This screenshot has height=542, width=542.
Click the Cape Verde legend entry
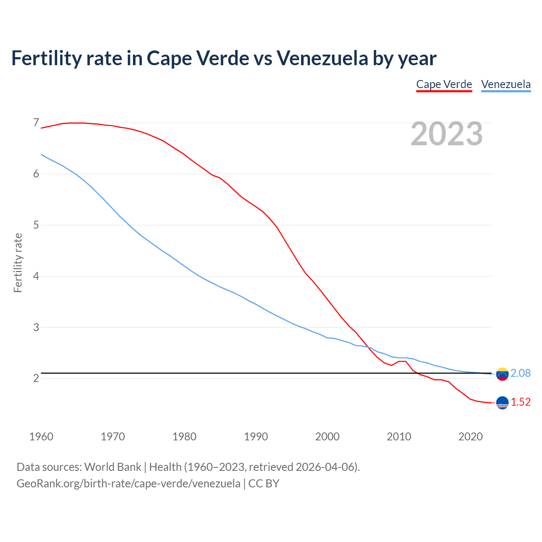pos(444,84)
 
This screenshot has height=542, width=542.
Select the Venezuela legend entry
pos(506,84)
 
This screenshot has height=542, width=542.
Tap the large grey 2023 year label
pos(447,134)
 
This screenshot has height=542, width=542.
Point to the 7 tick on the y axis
pos(36,123)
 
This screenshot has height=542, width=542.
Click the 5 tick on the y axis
pos(36,225)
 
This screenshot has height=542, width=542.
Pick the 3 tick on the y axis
pos(36,327)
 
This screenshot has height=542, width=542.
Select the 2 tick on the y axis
pos(36,378)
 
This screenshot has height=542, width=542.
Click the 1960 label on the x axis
pos(41,437)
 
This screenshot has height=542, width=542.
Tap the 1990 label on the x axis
pos(256,437)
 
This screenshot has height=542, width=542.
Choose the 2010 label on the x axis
pos(399,437)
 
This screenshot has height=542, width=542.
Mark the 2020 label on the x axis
pos(470,437)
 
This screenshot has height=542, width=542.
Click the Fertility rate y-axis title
pos(18,263)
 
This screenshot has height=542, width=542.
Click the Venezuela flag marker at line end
pos(502,374)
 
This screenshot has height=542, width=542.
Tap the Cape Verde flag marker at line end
pos(502,403)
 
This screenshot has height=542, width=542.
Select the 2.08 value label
pos(520,373)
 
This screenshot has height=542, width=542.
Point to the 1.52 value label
pos(520,402)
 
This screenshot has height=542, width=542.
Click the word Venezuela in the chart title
pos(322,58)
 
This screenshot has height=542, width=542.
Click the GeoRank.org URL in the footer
pos(128,483)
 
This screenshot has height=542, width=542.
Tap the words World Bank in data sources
pos(113,467)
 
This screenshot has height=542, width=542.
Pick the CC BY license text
pos(264,483)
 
